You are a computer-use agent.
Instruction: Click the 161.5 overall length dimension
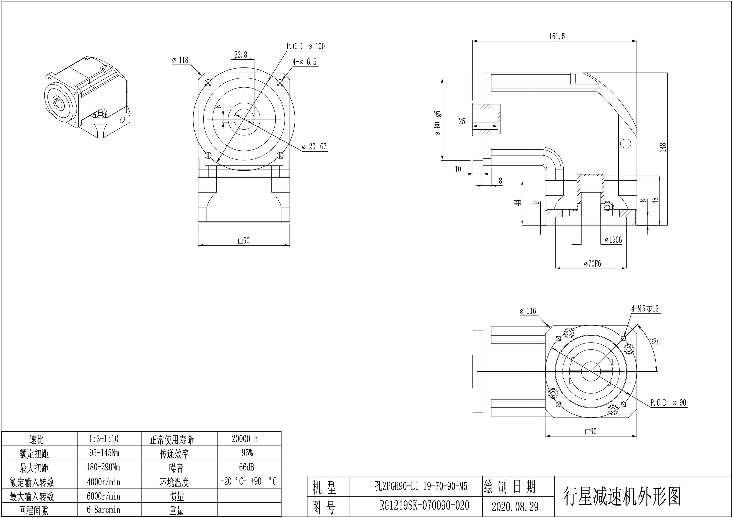point(557,36)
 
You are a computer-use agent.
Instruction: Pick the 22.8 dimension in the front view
point(241,55)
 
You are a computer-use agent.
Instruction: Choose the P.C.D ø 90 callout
point(668,403)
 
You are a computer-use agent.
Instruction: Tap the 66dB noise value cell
point(247,467)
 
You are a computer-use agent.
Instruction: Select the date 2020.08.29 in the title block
point(515,507)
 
